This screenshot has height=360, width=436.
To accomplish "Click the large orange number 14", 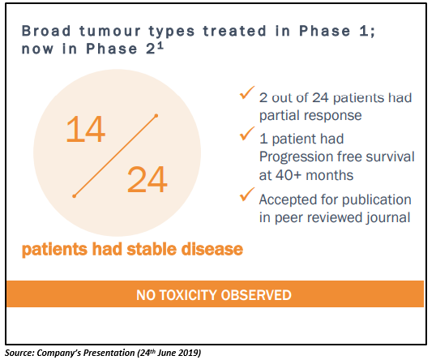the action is pyautogui.click(x=86, y=130).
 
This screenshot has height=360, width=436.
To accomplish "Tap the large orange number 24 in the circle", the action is pyautogui.click(x=147, y=179).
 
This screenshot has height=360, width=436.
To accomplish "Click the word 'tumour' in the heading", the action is pyautogui.click(x=110, y=31).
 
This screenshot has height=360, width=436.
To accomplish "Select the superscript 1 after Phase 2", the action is pyautogui.click(x=160, y=46).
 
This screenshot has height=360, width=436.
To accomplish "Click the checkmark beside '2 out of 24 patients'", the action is pyautogui.click(x=246, y=92).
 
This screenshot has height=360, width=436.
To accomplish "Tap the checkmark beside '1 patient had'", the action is pyautogui.click(x=246, y=134).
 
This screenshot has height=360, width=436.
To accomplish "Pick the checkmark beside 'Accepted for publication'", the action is pyautogui.click(x=246, y=194).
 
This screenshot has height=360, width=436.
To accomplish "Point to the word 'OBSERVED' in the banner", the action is pyautogui.click(x=256, y=295).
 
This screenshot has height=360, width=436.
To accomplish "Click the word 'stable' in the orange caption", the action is pyautogui.click(x=152, y=249).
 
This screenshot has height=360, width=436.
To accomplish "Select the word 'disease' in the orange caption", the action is pyautogui.click(x=212, y=249).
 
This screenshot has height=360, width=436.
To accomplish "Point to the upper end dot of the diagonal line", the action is pyautogui.click(x=156, y=115).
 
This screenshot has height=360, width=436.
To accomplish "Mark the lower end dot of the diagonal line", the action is pyautogui.click(x=74, y=196).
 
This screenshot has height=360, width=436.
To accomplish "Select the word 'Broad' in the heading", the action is pyautogui.click(x=46, y=31).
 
